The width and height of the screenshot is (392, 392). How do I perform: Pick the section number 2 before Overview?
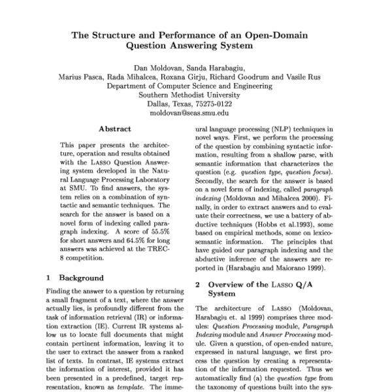point(198,284)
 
